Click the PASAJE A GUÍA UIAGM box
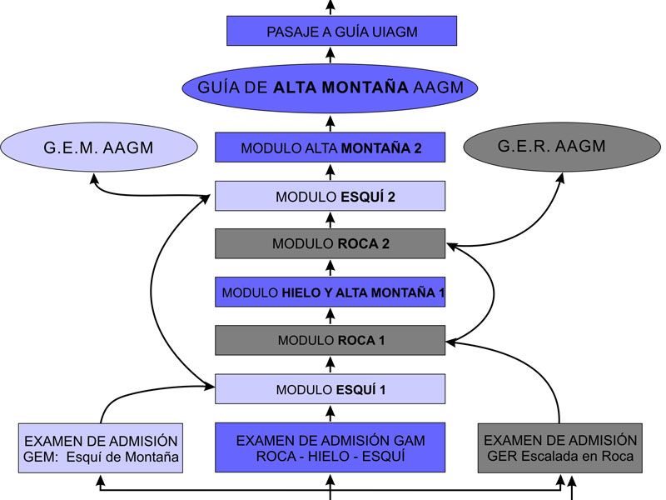(341, 32)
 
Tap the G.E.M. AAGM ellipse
(100, 149)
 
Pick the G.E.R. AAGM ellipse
(552, 147)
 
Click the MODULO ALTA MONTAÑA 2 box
(331, 147)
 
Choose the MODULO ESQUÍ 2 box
(331, 197)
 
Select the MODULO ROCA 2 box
(331, 243)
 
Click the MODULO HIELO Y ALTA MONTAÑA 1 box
(331, 292)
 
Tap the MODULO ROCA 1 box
(331, 340)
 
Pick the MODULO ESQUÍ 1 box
(331, 388)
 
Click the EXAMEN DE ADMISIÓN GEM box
(101, 448)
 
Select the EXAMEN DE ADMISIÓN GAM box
(331, 447)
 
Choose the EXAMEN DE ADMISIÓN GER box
(560, 448)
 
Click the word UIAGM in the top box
(390, 32)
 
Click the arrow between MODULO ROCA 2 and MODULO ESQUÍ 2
(331, 220)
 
